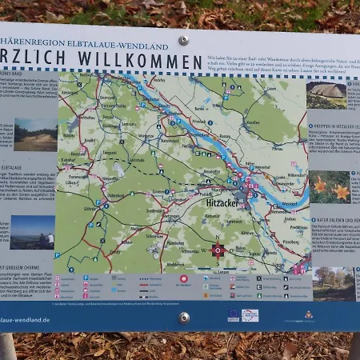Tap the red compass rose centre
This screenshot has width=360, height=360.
tap(218, 250)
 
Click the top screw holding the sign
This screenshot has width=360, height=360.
tap(184, 39)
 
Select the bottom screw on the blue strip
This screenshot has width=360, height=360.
tap(185, 317)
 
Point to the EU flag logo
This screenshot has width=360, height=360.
tap(234, 315)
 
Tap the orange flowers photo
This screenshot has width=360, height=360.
tap(330, 187)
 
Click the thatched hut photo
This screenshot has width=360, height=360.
tap(327, 95)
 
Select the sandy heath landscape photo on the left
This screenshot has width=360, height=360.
tap(35, 134)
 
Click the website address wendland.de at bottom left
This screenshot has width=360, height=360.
tap(25, 319)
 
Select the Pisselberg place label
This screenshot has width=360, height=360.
tap(290, 242)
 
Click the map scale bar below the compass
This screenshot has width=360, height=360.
tap(218, 267)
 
